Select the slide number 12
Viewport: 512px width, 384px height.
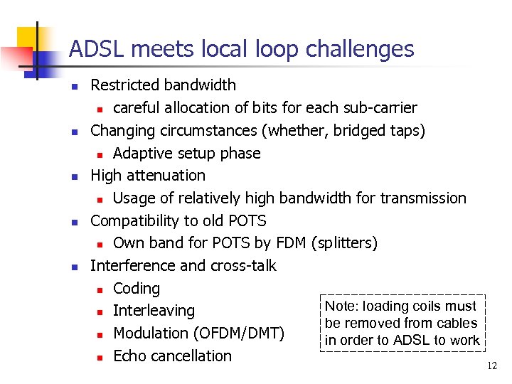tap(491, 366)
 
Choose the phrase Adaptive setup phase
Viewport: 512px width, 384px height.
tap(186, 154)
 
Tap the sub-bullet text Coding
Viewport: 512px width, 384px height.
tap(137, 289)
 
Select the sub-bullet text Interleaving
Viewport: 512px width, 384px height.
tap(154, 311)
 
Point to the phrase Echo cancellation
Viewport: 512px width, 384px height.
tap(172, 356)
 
